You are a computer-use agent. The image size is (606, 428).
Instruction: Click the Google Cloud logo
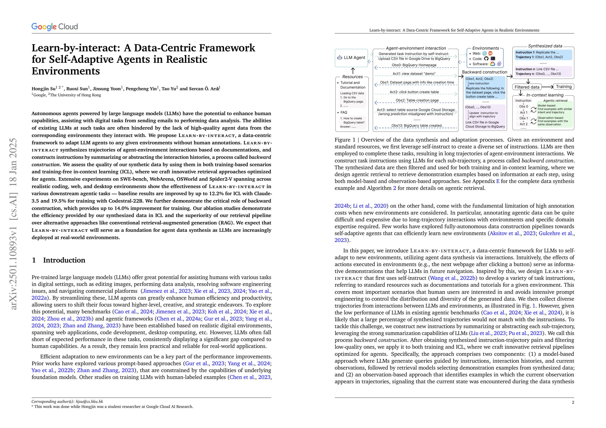(54, 27)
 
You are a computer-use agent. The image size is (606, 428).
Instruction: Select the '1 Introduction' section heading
(58, 260)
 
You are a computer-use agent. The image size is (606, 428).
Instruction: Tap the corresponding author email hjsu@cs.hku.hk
(89, 401)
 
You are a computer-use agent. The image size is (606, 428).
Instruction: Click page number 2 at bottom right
(573, 402)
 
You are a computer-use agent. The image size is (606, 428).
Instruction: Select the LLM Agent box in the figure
(351, 57)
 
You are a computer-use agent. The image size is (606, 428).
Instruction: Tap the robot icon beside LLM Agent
(339, 57)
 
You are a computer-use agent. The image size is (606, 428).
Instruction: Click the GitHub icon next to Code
(486, 58)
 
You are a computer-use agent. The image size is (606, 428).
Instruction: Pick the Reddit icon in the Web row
(490, 53)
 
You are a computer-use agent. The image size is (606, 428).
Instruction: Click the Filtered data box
(527, 87)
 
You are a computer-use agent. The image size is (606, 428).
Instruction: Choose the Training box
(564, 86)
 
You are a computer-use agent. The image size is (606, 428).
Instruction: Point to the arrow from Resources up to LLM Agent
(353, 71)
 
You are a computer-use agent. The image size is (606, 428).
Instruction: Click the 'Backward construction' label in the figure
(484, 72)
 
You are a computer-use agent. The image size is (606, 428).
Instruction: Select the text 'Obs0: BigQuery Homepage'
(414, 65)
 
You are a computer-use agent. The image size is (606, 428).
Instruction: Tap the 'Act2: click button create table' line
(414, 92)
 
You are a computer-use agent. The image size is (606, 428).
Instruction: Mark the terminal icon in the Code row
(493, 58)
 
